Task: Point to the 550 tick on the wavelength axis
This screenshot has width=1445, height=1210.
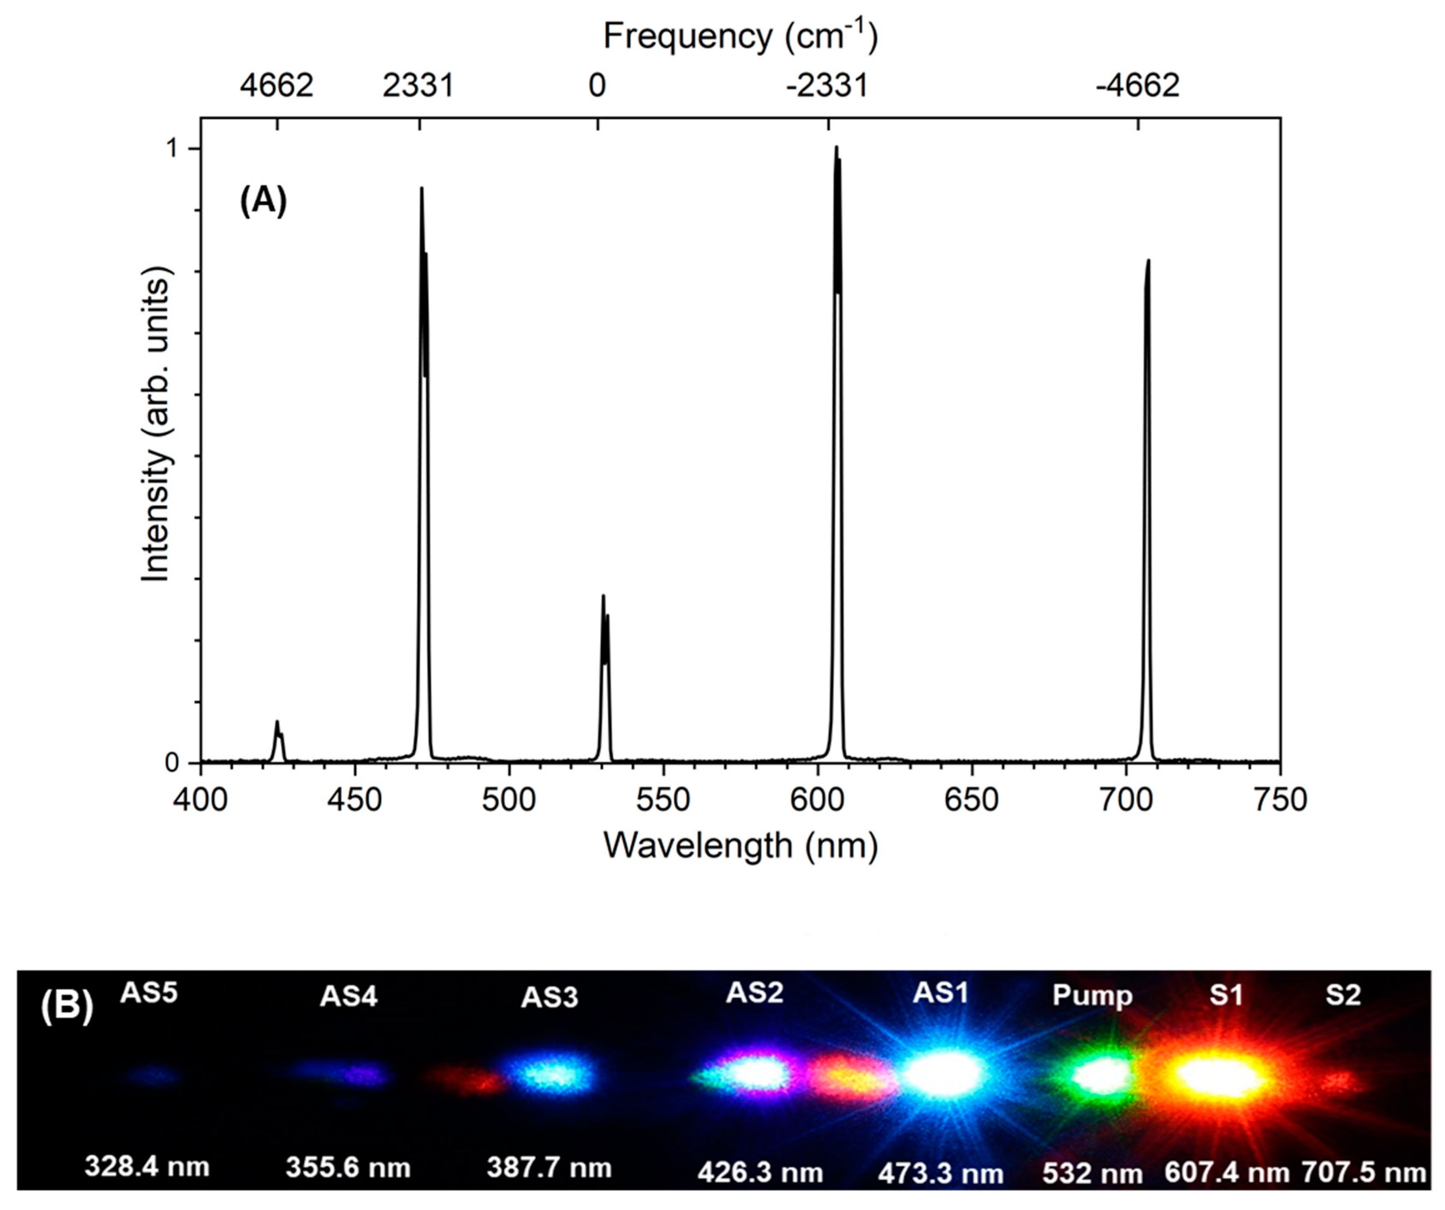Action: pos(662,800)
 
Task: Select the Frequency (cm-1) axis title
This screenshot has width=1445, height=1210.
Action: pos(740,36)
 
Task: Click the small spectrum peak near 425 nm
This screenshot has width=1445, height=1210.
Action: pos(277,722)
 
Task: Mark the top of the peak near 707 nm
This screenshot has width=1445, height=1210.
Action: pos(1148,261)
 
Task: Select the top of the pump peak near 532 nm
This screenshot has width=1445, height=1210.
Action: pos(604,596)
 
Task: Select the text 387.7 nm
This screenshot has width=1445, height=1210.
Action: pos(549,1167)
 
